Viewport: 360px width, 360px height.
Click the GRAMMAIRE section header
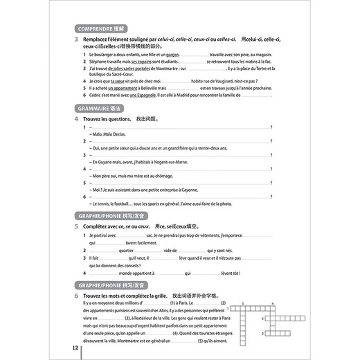point(101,109)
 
